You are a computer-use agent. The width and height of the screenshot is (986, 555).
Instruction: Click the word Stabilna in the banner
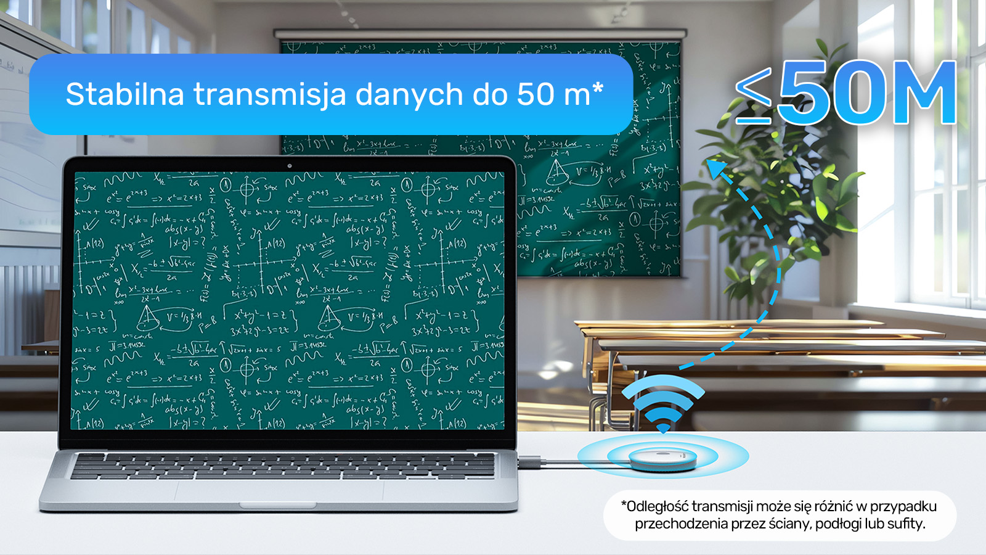[124, 94]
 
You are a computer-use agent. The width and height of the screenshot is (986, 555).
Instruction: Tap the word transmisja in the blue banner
[269, 95]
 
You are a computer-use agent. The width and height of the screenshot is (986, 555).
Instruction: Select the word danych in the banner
[409, 95]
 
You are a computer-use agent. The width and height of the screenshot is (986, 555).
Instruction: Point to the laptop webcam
[289, 166]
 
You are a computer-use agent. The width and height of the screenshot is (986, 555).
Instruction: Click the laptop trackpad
[279, 491]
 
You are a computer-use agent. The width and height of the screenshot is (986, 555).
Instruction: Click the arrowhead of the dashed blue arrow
[715, 168]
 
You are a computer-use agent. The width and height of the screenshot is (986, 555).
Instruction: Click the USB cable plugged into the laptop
[542, 461]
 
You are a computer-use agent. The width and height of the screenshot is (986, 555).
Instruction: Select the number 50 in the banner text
[535, 95]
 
